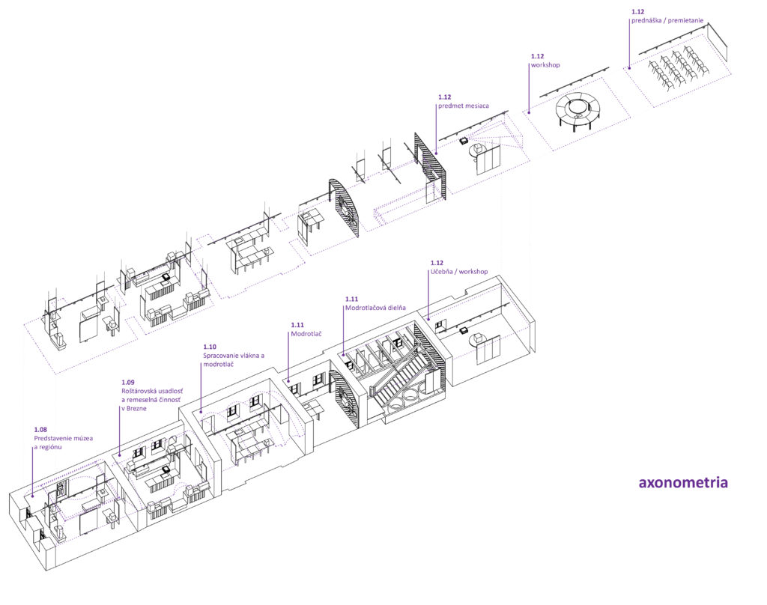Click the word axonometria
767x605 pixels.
coord(682,483)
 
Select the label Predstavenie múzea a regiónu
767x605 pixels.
coord(63,442)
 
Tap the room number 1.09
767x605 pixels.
coord(129,382)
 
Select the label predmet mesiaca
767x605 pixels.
coord(463,106)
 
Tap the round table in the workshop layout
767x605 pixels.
coord(577,109)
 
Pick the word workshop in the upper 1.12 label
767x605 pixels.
coord(545,65)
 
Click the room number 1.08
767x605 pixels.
coord(41,429)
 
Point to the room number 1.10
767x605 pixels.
coord(210,347)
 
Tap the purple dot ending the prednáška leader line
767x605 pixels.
coord(628,68)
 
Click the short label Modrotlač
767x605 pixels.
coord(306,333)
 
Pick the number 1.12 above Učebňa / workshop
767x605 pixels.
coord(437,263)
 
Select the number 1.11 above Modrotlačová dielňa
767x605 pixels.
coord(352,298)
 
